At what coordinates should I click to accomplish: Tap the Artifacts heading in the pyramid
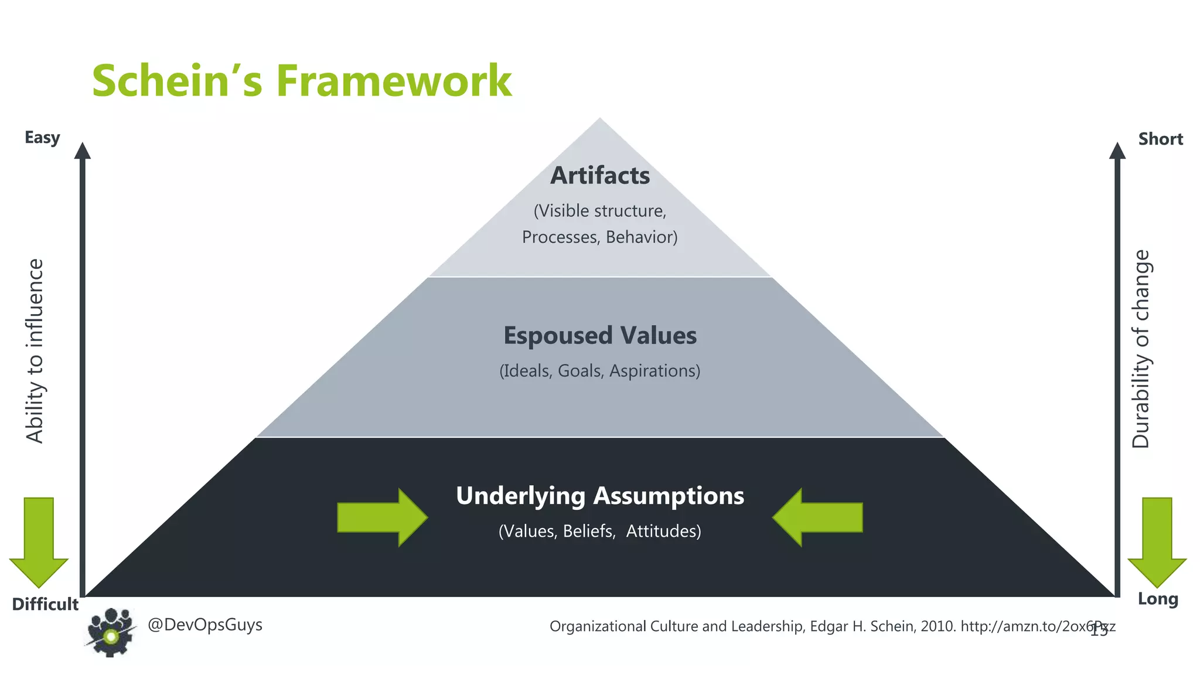[x=600, y=176]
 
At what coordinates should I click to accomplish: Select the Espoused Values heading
[x=600, y=336]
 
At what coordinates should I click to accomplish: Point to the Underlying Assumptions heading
[x=600, y=496]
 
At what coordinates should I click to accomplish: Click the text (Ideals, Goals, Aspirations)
[x=600, y=371]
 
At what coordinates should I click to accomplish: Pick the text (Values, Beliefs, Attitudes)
[x=600, y=531]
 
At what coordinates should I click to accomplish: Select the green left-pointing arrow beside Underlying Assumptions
[x=817, y=517]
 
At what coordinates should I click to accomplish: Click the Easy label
[x=42, y=138]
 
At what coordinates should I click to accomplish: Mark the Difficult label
[x=45, y=604]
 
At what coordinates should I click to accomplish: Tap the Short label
[x=1160, y=139]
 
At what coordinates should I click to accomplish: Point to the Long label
[x=1158, y=599]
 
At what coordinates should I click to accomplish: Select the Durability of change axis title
[x=1141, y=349]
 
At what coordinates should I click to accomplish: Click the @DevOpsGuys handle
[x=205, y=625]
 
